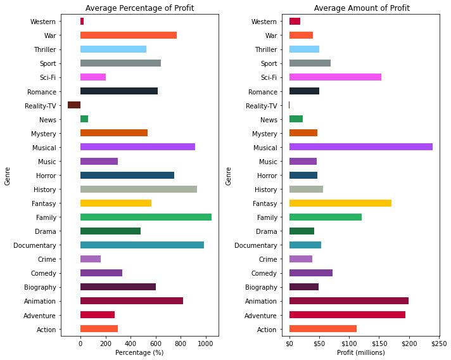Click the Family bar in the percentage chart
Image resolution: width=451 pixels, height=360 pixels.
point(146,217)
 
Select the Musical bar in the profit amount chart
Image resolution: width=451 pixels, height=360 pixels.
point(360,147)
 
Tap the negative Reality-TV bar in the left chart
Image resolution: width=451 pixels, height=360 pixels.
point(74,105)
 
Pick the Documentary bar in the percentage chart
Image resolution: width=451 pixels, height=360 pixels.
point(142,245)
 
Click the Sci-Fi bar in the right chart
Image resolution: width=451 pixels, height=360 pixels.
point(335,77)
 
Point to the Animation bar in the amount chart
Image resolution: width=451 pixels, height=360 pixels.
point(348,301)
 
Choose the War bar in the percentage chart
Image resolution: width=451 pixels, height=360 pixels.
point(129,35)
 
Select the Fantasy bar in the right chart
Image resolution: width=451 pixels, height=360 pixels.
point(340,203)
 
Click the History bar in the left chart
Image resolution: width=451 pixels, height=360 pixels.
point(139,190)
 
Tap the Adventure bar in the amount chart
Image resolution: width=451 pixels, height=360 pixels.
point(347,315)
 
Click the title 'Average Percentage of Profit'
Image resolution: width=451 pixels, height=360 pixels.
point(139,8)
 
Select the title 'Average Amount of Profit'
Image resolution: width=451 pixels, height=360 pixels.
point(362,8)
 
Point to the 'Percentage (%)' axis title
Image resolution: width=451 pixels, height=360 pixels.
point(139,352)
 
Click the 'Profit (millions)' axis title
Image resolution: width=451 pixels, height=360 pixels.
point(361,352)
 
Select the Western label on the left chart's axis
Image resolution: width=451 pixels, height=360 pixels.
point(42,22)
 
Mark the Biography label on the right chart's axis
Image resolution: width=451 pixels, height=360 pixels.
point(262,287)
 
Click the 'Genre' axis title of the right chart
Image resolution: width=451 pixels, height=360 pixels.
point(229,176)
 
